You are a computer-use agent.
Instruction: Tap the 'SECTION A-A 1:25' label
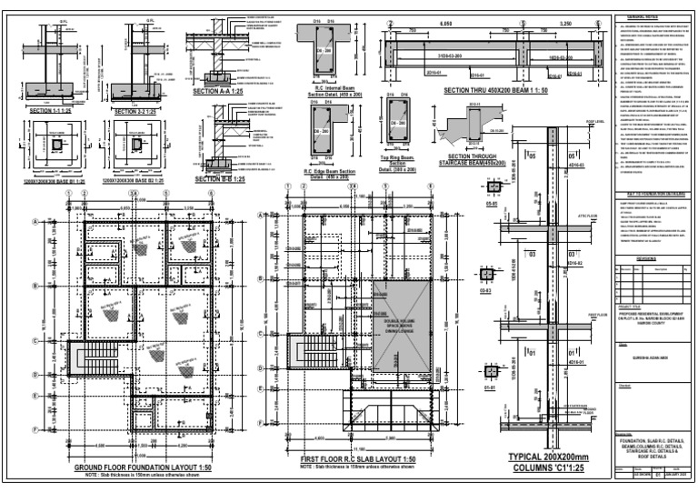219,93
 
